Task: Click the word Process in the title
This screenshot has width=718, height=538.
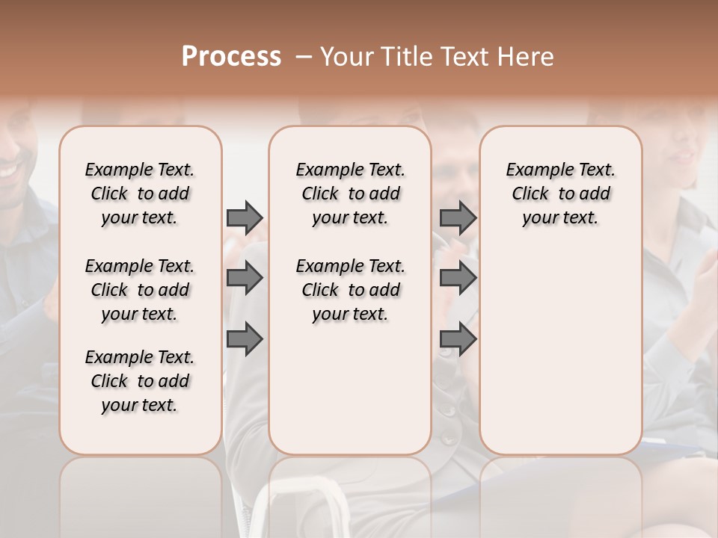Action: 231,57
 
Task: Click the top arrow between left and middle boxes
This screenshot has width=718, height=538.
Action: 245,217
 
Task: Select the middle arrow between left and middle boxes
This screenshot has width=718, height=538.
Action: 245,279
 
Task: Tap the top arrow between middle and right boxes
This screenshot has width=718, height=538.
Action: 458,217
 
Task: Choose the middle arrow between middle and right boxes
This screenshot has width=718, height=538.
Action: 458,279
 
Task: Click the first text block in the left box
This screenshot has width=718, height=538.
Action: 140,194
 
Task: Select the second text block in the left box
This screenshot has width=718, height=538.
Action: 140,290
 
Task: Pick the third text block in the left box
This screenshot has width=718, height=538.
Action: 140,381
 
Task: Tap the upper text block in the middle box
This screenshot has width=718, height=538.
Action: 350,194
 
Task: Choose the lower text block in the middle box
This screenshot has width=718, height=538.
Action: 350,290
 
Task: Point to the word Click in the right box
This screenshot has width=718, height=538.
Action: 530,194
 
